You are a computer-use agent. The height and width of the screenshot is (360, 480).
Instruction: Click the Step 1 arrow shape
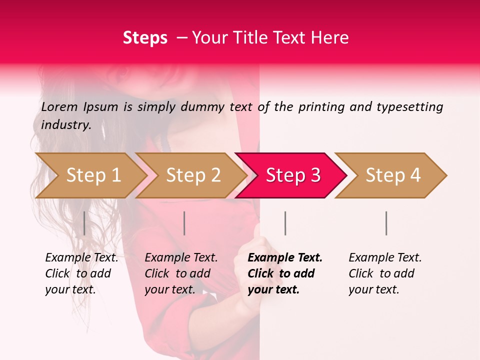(90, 175)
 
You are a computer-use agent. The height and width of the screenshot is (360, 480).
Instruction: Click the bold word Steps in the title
(145, 37)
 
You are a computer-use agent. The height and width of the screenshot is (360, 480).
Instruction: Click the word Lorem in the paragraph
(59, 106)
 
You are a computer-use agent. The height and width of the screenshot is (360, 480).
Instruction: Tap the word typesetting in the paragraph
(409, 106)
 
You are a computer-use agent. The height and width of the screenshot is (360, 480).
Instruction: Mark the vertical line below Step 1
(84, 223)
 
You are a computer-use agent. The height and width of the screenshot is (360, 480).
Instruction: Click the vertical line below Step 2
(184, 223)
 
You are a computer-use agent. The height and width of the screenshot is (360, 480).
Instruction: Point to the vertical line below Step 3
(285, 223)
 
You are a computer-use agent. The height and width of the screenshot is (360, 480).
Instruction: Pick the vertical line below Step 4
(386, 223)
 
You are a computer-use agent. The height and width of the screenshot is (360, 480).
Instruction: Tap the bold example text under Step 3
(284, 273)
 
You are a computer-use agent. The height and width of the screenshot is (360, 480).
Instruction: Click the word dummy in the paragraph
(202, 106)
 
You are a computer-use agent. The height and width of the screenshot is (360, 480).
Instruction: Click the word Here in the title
(330, 37)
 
